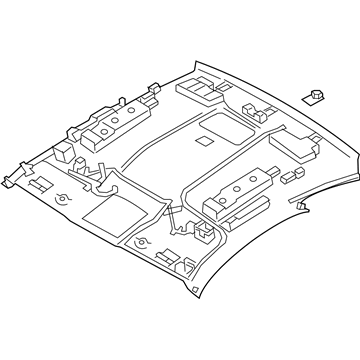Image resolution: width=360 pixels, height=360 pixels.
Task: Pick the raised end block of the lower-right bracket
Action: click(212, 209)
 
